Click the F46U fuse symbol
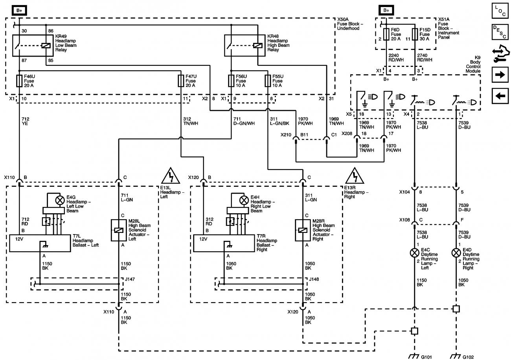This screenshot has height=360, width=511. click(18, 81)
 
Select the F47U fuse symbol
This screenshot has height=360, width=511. click(181, 81)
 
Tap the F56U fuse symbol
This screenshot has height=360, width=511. click(231, 81)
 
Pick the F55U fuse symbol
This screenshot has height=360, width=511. click(268, 81)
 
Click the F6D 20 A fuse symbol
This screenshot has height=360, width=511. click(386, 34)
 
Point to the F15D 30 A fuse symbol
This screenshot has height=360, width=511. click(415, 34)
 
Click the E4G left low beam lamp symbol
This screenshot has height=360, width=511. click(60, 201)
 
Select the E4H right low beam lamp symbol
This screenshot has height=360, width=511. click(244, 201)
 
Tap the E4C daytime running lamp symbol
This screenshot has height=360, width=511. click(414, 252)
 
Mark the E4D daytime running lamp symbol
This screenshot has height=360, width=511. click(456, 252)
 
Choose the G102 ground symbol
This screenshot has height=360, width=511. click(456, 356)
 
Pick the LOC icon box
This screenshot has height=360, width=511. click(500, 11)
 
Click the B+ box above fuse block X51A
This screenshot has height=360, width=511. click(386, 11)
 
